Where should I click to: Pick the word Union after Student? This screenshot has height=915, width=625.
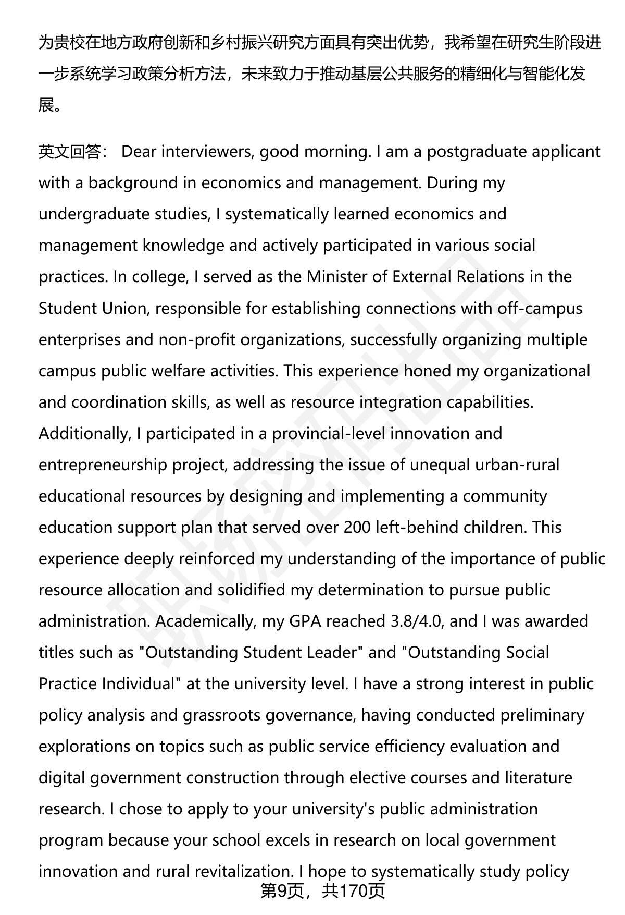point(124,308)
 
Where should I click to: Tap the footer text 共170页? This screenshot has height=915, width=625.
point(354,890)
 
